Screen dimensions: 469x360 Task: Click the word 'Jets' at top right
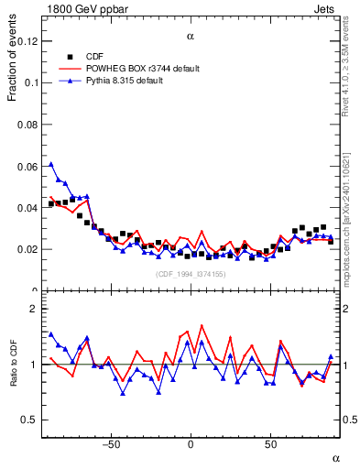coord(327,7)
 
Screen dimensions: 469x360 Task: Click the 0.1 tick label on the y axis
coord(31,82)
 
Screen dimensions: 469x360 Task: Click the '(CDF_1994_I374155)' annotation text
coord(191,274)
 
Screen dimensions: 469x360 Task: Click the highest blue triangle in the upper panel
coord(51,165)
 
